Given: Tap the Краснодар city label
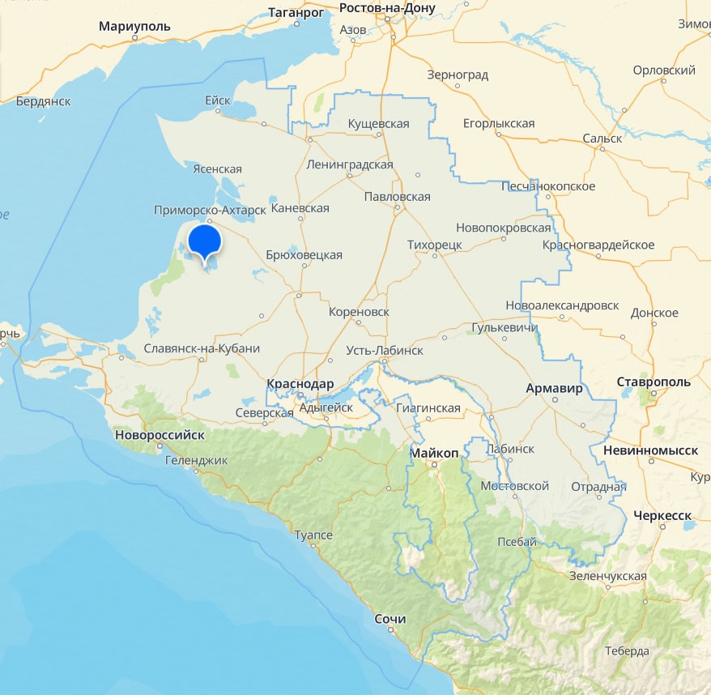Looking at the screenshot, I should pos(300,383).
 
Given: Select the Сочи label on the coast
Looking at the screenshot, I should pos(390,619).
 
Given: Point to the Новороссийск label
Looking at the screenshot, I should pos(160,434).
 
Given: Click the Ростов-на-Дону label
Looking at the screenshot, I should pos(387,8).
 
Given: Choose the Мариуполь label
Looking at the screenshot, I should pos(134,26).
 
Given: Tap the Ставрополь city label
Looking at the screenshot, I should pos(654,381).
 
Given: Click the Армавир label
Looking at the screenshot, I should pos(554,388).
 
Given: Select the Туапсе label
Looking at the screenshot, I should pos(313,535).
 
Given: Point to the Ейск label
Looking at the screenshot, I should pos(218,100).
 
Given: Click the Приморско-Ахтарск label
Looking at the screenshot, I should pos(210,211).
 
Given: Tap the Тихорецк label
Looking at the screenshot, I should pos(435,244).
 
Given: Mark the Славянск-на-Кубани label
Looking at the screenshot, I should pos(201,348).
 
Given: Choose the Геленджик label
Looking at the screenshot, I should pos(196,460).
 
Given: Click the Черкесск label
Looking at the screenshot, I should pos(662,515).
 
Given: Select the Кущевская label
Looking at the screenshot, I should pos(378,124).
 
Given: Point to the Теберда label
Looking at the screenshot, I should pos(626,651).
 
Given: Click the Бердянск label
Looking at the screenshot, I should pos(44,101).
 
